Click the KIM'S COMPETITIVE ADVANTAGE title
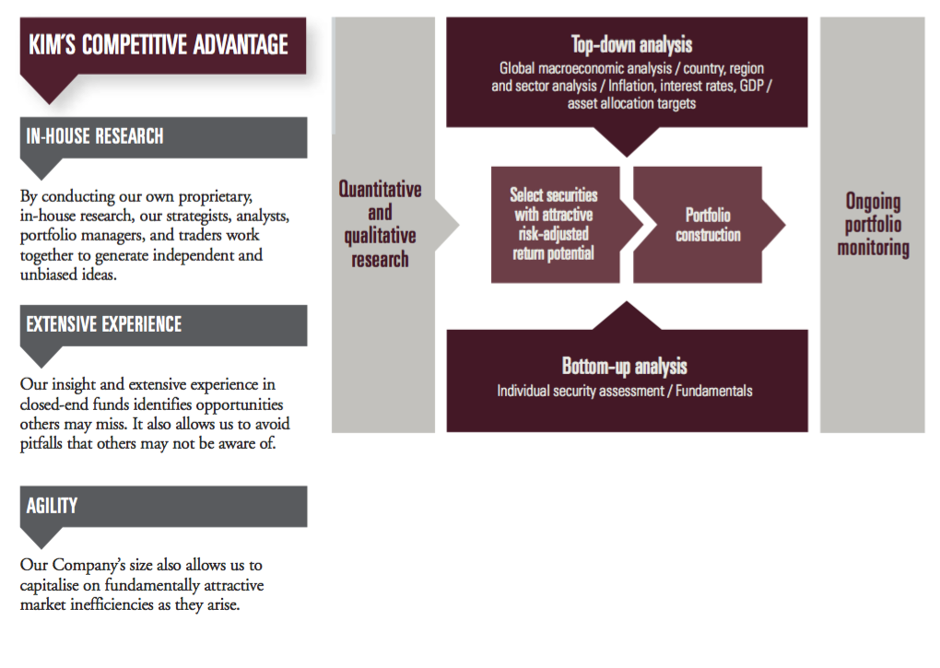coord(159,45)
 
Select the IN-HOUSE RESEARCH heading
coord(95,136)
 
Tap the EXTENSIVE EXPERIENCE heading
coord(104,324)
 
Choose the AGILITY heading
coord(52,506)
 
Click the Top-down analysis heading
coord(631,44)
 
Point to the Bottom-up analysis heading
coord(624,366)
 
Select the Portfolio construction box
coord(708,225)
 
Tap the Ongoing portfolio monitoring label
coord(873,224)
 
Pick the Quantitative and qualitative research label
coord(380,224)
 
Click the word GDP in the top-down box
coord(751,86)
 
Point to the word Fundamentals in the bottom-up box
coord(714,391)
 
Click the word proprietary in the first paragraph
coord(216,196)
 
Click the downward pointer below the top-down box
coord(627,142)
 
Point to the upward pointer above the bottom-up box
coord(627,316)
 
